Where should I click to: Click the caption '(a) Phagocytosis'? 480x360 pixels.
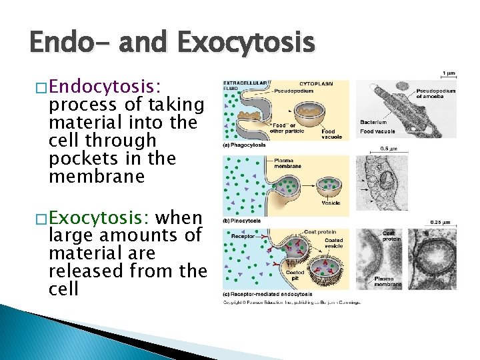pyautogui.click(x=246, y=145)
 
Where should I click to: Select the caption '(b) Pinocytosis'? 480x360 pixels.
pyautogui.click(x=244, y=220)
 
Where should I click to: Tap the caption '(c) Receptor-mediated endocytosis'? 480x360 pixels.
pyautogui.click(x=268, y=294)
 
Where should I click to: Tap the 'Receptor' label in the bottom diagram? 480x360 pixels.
pyautogui.click(x=244, y=235)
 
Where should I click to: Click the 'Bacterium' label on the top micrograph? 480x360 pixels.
pyautogui.click(x=373, y=123)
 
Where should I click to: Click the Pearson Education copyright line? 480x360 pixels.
pyautogui.click(x=292, y=303)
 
